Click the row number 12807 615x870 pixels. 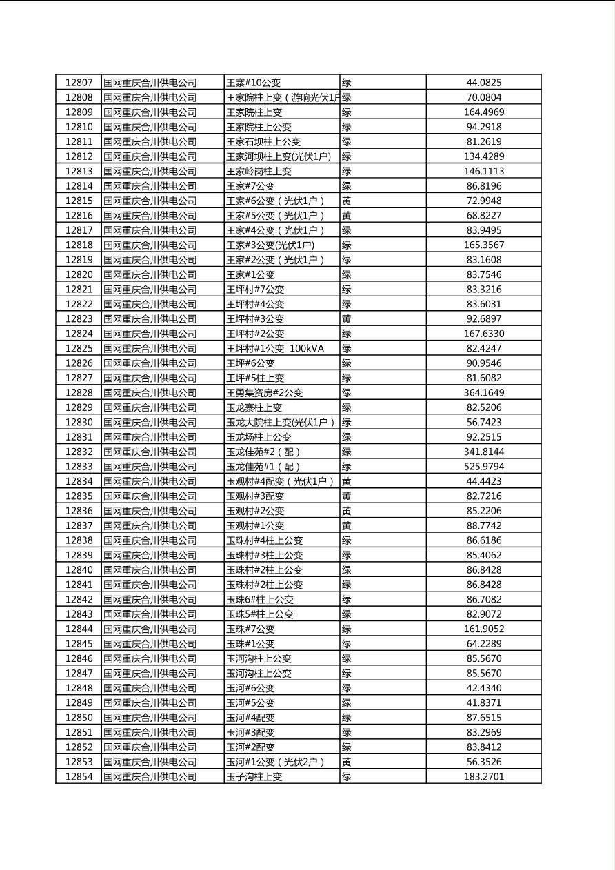[79, 83]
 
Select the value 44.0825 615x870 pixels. [483, 83]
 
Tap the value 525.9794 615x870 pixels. [483, 467]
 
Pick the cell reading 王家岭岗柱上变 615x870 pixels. [259, 171]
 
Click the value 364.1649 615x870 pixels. [483, 393]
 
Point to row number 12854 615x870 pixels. [79, 777]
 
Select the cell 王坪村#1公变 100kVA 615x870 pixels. [274, 349]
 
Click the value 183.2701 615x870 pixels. [483, 777]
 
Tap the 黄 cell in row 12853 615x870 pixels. [347, 762]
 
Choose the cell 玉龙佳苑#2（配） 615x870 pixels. [263, 452]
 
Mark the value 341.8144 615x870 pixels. [483, 452]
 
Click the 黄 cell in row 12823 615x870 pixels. [347, 319]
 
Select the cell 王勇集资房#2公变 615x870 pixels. [264, 393]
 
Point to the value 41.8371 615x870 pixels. [483, 703]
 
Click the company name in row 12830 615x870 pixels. [150, 423]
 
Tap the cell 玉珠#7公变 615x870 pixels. [250, 629]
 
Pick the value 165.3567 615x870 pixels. [483, 245]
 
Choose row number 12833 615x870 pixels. [79, 467]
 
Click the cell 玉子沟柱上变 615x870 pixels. [254, 777]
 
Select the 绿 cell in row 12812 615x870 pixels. [347, 156]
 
